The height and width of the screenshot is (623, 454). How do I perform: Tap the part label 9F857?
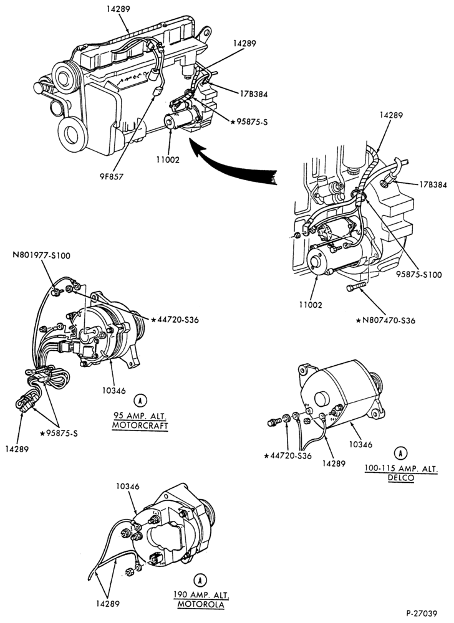pos(110,176)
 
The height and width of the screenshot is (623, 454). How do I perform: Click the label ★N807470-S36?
pos(385,320)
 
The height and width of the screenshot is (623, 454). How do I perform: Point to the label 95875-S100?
pos(418,275)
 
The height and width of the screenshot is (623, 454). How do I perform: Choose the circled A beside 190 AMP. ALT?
pos(201,581)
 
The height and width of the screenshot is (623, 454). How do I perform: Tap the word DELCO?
pos(401,478)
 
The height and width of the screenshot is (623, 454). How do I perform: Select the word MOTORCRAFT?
pos(140,426)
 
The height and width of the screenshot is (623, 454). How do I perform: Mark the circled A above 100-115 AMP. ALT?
pos(401,452)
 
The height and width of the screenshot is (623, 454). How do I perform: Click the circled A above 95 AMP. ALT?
pos(140,401)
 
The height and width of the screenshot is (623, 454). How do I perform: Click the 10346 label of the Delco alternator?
pos(361,444)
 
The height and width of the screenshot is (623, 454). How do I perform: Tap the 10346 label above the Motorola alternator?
pos(128,487)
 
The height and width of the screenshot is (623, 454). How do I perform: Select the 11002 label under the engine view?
pos(168,159)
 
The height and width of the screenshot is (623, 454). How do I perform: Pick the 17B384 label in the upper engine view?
pos(254,94)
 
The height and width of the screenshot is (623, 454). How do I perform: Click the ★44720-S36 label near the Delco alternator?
pos(288,456)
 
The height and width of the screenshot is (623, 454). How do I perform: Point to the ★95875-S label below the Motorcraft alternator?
pos(59,433)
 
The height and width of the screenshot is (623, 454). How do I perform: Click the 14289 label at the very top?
pos(118,8)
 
